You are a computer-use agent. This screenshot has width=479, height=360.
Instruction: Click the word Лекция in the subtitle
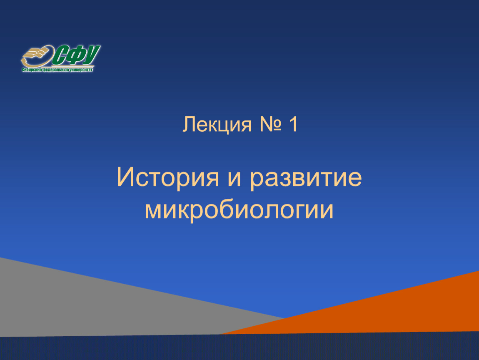217,125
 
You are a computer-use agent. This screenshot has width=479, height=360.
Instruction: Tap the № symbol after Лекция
270,125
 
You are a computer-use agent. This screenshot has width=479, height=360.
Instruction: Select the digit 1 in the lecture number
293,124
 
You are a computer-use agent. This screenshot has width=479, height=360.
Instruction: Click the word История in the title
168,178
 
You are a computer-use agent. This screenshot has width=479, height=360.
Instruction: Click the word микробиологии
239,210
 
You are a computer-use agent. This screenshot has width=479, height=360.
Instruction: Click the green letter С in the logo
60,55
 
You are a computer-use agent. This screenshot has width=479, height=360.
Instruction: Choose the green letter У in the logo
91,55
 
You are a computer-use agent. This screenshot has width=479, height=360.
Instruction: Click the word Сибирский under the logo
32,70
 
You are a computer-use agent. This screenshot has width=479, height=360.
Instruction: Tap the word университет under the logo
81,70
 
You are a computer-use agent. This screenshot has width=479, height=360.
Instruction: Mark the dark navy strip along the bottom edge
239,347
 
